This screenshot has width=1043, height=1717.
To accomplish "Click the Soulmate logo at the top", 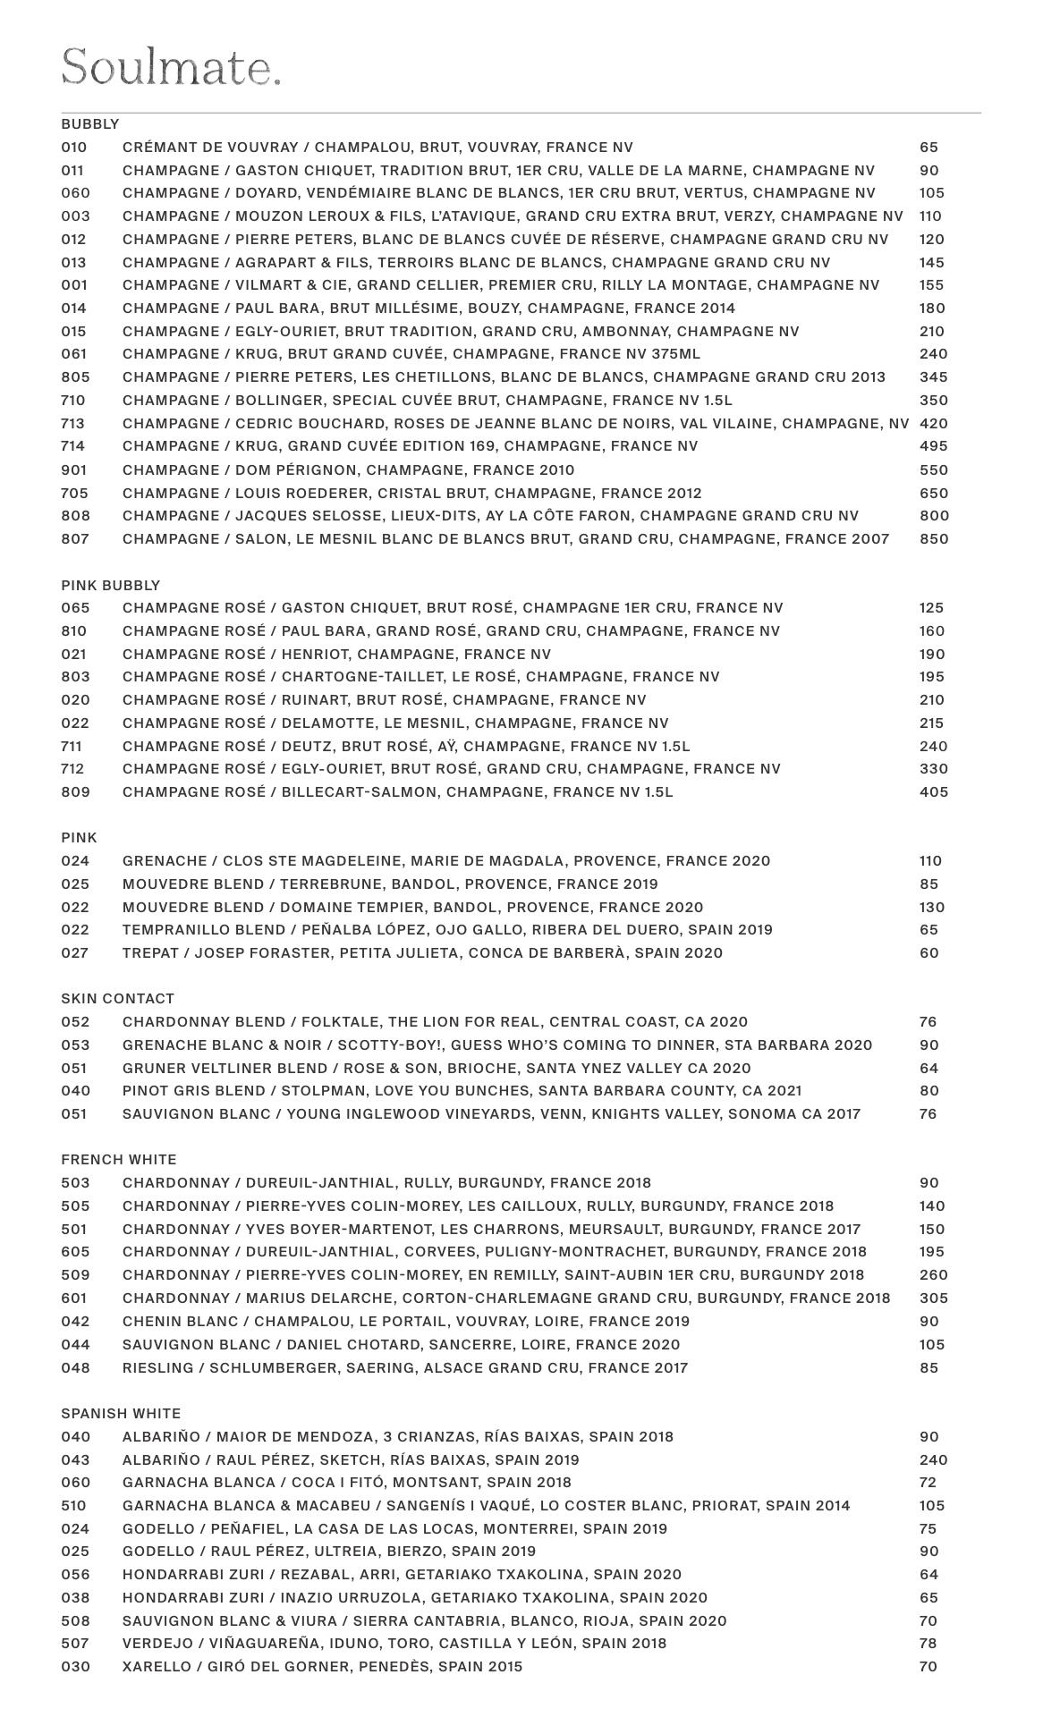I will pyautogui.click(x=171, y=67).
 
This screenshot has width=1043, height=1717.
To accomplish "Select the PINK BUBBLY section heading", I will pyautogui.click(x=111, y=585).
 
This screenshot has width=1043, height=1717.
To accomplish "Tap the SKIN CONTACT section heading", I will pyautogui.click(x=118, y=998).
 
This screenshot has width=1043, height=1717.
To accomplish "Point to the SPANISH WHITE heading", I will pyautogui.click(x=121, y=1413).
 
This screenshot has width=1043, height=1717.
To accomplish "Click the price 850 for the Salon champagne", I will pyautogui.click(x=934, y=538).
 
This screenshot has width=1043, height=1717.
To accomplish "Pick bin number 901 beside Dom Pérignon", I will pyautogui.click(x=75, y=469).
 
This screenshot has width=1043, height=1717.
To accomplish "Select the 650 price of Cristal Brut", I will pyautogui.click(x=934, y=493).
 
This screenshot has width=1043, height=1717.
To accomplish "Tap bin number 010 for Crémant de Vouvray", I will pyautogui.click(x=75, y=147).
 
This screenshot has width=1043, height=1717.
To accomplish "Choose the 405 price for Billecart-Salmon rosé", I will pyautogui.click(x=934, y=791).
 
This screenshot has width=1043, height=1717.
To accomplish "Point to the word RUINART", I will pyautogui.click(x=313, y=699).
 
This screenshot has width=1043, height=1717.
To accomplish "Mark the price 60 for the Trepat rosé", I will pyautogui.click(x=929, y=952).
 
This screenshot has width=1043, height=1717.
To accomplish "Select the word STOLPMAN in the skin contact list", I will pyautogui.click(x=318, y=1090).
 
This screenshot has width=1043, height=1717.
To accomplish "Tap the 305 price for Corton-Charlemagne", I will pyautogui.click(x=934, y=1298).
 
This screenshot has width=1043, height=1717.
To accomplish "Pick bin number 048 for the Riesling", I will pyautogui.click(x=75, y=1367).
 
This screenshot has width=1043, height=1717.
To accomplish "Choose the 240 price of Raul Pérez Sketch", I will pyautogui.click(x=934, y=1459).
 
